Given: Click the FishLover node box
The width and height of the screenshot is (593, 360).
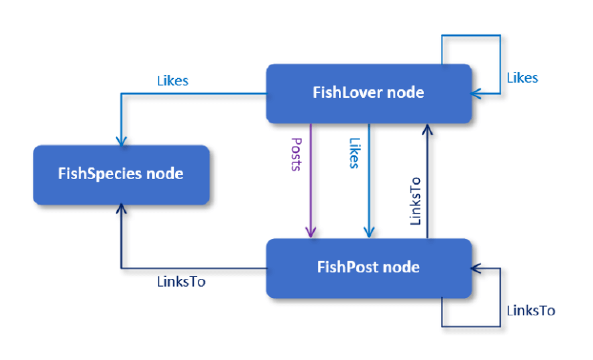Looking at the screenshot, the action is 369,94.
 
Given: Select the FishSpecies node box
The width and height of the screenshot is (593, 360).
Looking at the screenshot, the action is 121,175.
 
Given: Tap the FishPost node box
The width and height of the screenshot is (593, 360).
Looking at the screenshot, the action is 369,268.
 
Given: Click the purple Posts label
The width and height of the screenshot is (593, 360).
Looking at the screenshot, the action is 296,155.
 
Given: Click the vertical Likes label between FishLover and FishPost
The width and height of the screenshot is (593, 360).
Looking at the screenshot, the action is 354,153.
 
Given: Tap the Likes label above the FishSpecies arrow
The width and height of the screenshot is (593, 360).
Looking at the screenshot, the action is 173,81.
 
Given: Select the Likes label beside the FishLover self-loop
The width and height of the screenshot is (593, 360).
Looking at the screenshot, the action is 522,78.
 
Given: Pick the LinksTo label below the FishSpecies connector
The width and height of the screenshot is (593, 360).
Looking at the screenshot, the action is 181,282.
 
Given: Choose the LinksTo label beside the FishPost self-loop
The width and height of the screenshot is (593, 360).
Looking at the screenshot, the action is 531,311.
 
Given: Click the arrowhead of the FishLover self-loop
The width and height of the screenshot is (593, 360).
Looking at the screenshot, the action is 476,94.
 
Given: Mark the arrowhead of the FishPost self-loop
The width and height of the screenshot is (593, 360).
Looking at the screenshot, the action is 476,268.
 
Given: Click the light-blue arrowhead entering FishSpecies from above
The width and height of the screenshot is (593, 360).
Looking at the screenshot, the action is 121,141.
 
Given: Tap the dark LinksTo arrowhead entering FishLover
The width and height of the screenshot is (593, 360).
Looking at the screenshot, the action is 427,129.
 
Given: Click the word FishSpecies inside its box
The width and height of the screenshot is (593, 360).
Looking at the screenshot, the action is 100,174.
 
